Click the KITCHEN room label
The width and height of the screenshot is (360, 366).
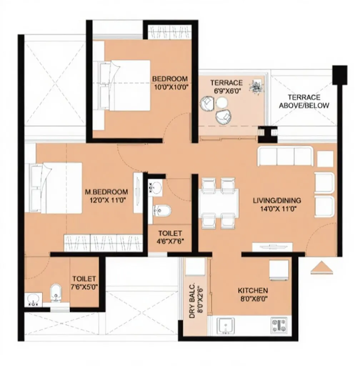coord(253,290)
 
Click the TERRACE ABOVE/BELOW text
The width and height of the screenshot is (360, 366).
coord(304,102)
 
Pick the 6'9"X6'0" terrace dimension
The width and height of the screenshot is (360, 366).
coord(226,91)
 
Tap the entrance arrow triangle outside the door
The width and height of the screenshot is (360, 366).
coord(321,268)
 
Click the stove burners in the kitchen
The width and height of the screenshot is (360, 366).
coord(279,325)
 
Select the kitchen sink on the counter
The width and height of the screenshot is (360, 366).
coord(226,325)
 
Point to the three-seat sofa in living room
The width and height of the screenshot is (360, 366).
coord(285,157)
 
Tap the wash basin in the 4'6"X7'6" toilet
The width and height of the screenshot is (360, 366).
coord(156,187)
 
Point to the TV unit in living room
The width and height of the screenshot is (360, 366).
coord(272,247)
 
